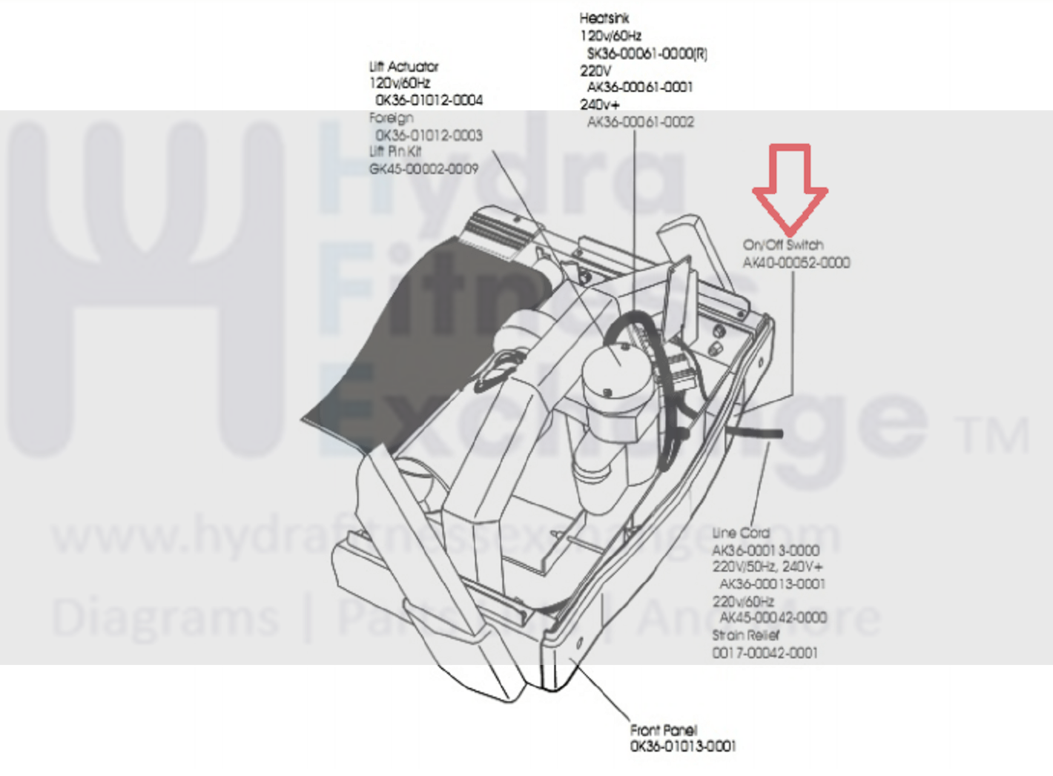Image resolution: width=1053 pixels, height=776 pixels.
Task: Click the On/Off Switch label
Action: point(783,245)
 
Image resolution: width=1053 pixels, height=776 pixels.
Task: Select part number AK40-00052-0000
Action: point(796,262)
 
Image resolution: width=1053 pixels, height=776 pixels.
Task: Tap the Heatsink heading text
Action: point(604,18)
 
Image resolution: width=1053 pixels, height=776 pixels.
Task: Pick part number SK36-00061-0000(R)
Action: point(647,53)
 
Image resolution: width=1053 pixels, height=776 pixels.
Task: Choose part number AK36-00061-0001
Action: point(639,87)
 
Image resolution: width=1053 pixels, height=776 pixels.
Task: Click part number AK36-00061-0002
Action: point(640,122)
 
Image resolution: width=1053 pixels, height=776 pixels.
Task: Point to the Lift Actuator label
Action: point(403,67)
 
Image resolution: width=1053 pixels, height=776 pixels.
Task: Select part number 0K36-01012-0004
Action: point(429,100)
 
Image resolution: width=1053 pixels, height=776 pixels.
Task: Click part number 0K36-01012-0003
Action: point(429,135)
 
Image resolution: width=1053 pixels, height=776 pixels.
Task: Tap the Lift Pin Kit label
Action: point(395,151)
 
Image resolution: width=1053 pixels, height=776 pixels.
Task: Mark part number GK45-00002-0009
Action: point(423,169)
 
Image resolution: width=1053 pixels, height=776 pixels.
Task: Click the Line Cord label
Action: point(741,533)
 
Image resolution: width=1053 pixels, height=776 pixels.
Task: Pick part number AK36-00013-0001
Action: point(772,583)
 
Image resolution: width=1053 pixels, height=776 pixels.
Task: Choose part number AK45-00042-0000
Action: point(773,617)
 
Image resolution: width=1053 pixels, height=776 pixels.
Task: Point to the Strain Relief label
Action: point(745,635)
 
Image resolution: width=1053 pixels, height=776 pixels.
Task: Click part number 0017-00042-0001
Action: point(765,653)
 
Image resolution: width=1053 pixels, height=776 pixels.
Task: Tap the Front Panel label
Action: point(663,730)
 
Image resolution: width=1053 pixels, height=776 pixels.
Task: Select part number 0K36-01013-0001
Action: point(682,746)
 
